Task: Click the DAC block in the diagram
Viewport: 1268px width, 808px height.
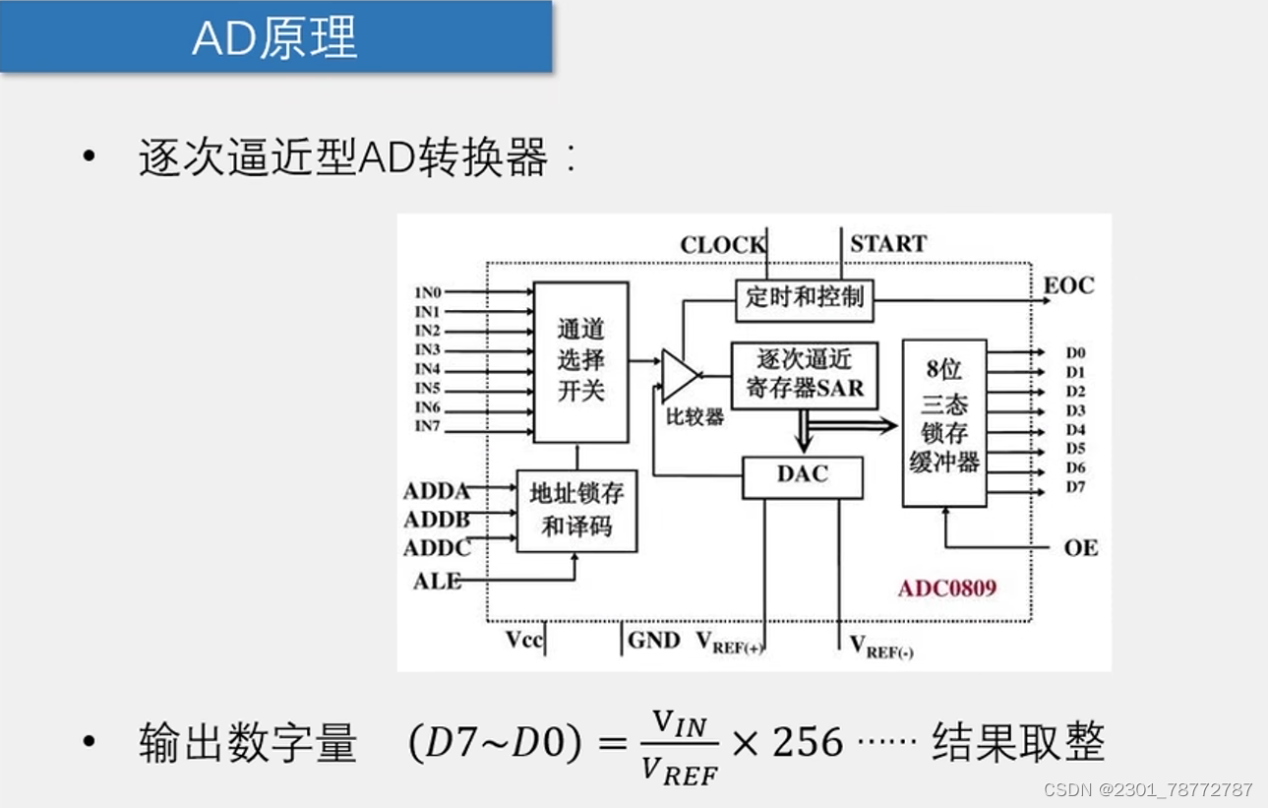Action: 802,476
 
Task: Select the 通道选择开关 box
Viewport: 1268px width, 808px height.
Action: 580,362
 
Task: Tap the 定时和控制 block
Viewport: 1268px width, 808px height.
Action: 804,297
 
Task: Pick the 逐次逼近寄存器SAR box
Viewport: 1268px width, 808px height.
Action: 804,374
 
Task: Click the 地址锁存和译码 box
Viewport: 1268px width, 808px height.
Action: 576,510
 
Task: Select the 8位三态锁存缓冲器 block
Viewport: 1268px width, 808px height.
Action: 943,423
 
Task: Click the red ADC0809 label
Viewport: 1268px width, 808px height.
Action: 946,589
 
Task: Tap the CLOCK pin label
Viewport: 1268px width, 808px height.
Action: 722,245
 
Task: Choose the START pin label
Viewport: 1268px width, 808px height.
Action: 887,244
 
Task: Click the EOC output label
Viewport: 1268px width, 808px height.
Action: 1068,286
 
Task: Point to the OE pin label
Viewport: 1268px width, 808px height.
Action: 1080,548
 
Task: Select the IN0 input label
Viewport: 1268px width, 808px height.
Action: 428,292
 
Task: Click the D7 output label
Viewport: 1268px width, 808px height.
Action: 1075,487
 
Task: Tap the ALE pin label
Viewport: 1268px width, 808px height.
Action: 437,582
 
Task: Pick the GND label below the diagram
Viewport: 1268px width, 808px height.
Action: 654,641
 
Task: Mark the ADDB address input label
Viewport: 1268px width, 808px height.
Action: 436,520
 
